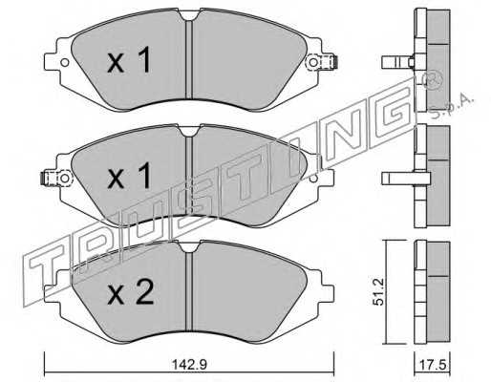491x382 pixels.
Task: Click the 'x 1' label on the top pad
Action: point(129,60)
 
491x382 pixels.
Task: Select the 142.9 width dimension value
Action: point(189,365)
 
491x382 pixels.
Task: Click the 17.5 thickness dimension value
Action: point(432,365)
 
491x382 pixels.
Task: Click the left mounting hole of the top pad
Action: point(65,62)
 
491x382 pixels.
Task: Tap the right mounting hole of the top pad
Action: point(313,62)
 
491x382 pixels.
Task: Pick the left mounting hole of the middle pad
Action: point(65,178)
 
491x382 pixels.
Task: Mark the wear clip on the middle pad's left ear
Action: point(46,178)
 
